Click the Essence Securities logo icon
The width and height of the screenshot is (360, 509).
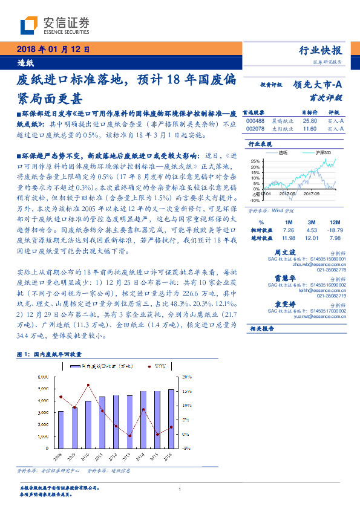click(29, 25)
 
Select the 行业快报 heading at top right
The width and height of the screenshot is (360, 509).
click(321, 50)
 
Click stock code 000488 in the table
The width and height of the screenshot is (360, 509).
click(255, 121)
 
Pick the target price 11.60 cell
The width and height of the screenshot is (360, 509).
click(309, 129)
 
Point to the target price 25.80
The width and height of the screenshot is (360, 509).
click(309, 121)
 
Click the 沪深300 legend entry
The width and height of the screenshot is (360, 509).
click(323, 154)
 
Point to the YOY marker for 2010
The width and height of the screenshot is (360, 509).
click(88, 385)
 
